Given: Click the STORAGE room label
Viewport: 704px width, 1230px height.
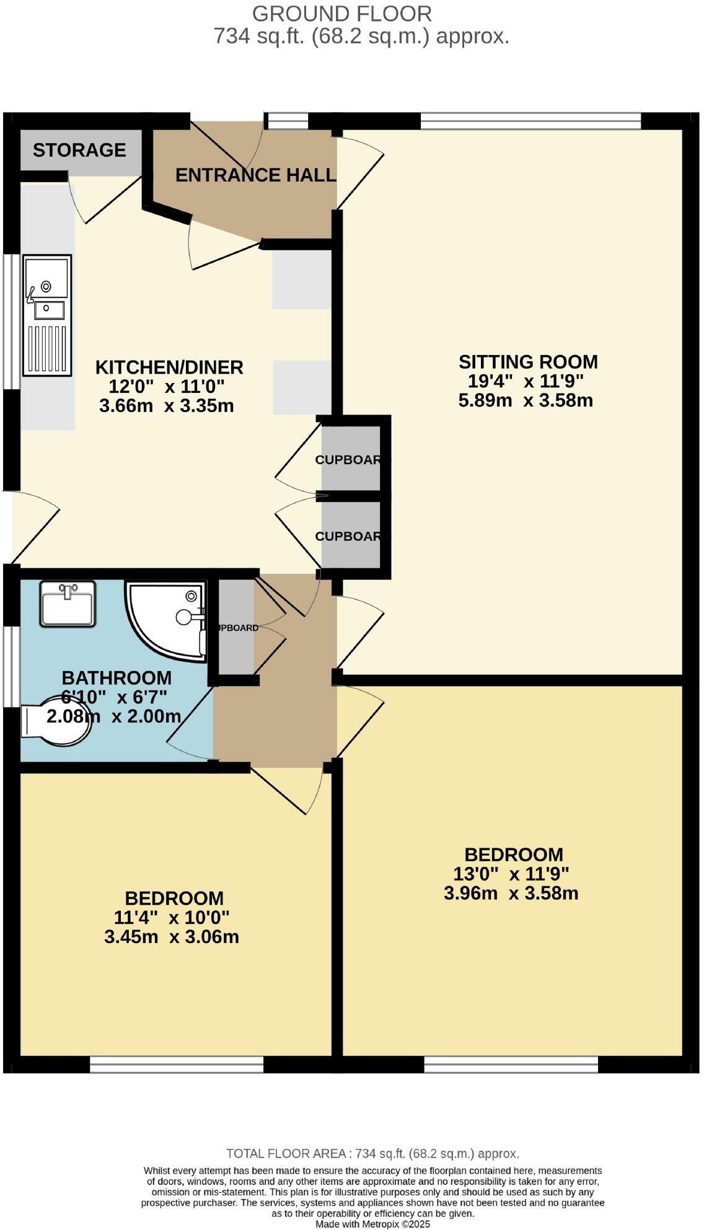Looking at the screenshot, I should (x=79, y=150).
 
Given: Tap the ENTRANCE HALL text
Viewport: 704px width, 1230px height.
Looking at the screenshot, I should (x=255, y=175).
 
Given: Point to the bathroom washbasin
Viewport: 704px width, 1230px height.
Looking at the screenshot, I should (x=68, y=604).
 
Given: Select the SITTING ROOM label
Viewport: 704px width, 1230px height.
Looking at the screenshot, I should (x=528, y=361).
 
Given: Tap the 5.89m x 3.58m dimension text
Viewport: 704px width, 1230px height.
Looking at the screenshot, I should (x=526, y=400).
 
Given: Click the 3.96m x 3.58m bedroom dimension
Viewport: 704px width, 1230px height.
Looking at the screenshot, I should (x=511, y=893).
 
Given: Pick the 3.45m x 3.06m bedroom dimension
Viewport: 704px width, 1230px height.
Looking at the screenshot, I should (x=172, y=936).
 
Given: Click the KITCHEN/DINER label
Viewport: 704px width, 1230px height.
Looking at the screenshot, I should (x=169, y=367).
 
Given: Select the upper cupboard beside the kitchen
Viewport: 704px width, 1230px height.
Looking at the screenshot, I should (x=351, y=459).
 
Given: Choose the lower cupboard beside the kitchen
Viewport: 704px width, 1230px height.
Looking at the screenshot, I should (x=351, y=536).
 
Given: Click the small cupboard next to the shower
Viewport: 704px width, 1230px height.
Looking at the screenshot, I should (x=236, y=627).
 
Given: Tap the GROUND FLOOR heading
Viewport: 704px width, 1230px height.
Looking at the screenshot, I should (x=341, y=13).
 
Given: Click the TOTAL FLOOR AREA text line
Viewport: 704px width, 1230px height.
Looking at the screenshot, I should (x=372, y=1153).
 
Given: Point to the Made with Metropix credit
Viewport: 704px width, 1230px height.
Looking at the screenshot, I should (x=372, y=1224).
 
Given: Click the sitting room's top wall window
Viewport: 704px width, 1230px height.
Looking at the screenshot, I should (x=530, y=121).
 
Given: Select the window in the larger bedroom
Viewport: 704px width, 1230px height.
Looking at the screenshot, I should (x=511, y=1065).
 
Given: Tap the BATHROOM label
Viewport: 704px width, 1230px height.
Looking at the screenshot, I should (x=117, y=677).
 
